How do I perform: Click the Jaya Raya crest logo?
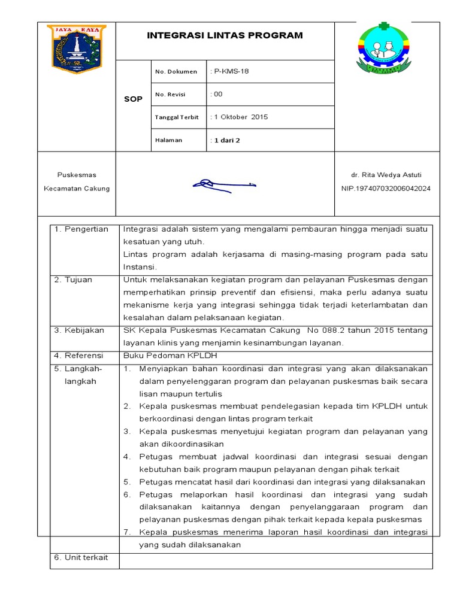(76, 48)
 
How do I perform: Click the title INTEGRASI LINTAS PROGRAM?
(225, 36)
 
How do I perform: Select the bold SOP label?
(133, 99)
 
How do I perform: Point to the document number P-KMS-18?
(230, 71)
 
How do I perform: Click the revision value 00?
(217, 94)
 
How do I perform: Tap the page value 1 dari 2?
(225, 140)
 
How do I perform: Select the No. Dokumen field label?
(175, 72)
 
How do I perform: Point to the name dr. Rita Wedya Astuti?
(386, 175)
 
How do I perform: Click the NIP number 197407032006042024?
(386, 189)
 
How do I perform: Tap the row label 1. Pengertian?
(81, 229)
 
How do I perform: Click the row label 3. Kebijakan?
(79, 330)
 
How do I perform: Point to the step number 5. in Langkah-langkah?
(127, 482)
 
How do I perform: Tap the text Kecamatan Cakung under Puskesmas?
(77, 189)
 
